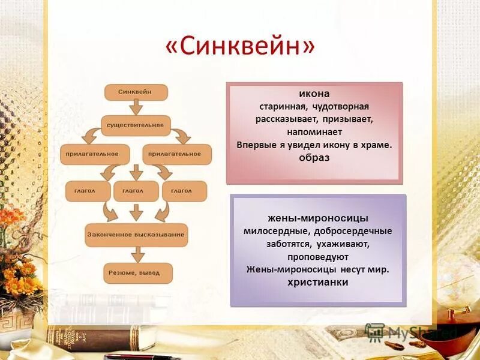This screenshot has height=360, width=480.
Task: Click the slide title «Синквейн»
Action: click(239, 47)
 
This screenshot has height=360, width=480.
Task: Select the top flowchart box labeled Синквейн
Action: click(136, 92)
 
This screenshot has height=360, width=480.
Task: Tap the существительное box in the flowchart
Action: click(136, 125)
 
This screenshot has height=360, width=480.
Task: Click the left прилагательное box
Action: click(94, 154)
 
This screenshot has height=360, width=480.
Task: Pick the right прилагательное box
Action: click(177, 154)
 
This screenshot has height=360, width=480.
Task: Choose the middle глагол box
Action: click(136, 191)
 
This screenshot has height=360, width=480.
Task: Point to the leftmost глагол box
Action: click(88, 191)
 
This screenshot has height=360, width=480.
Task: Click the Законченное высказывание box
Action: click(136, 235)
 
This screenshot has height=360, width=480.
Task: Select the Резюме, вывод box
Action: click(138, 273)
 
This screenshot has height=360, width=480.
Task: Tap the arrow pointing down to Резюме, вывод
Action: click(137, 254)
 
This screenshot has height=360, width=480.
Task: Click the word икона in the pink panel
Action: click(314, 94)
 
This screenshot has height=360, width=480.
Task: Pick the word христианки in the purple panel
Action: click(318, 282)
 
